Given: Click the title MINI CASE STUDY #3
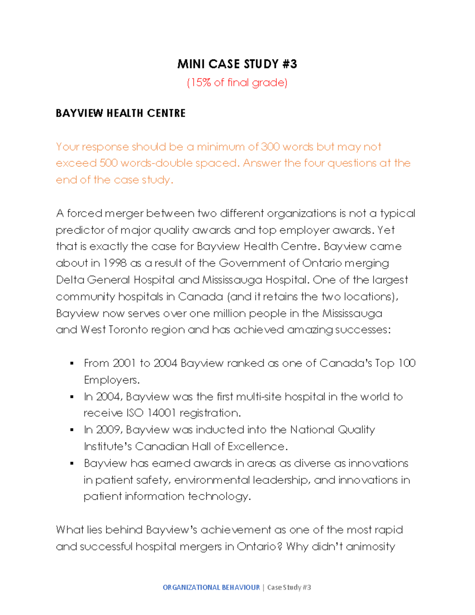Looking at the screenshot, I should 237,64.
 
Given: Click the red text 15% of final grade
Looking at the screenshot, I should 237,82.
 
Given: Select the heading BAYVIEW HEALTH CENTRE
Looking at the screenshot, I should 120,113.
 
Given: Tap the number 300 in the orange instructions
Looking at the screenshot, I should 270,147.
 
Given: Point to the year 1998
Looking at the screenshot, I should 115,263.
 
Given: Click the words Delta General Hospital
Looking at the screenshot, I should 115,280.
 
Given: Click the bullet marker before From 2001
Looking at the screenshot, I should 72,363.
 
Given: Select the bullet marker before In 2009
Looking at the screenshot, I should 72,430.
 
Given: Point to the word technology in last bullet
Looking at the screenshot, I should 219,497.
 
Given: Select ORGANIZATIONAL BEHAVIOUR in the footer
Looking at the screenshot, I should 211,587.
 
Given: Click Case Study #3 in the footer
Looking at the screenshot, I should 289,587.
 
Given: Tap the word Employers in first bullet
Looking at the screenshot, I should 111,380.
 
